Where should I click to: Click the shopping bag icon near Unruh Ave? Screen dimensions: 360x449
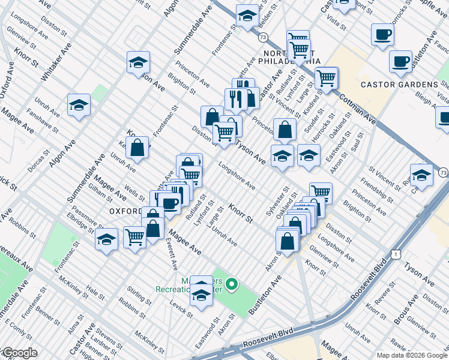coord(137,147)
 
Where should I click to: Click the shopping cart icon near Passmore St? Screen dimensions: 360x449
coord(134,236)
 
